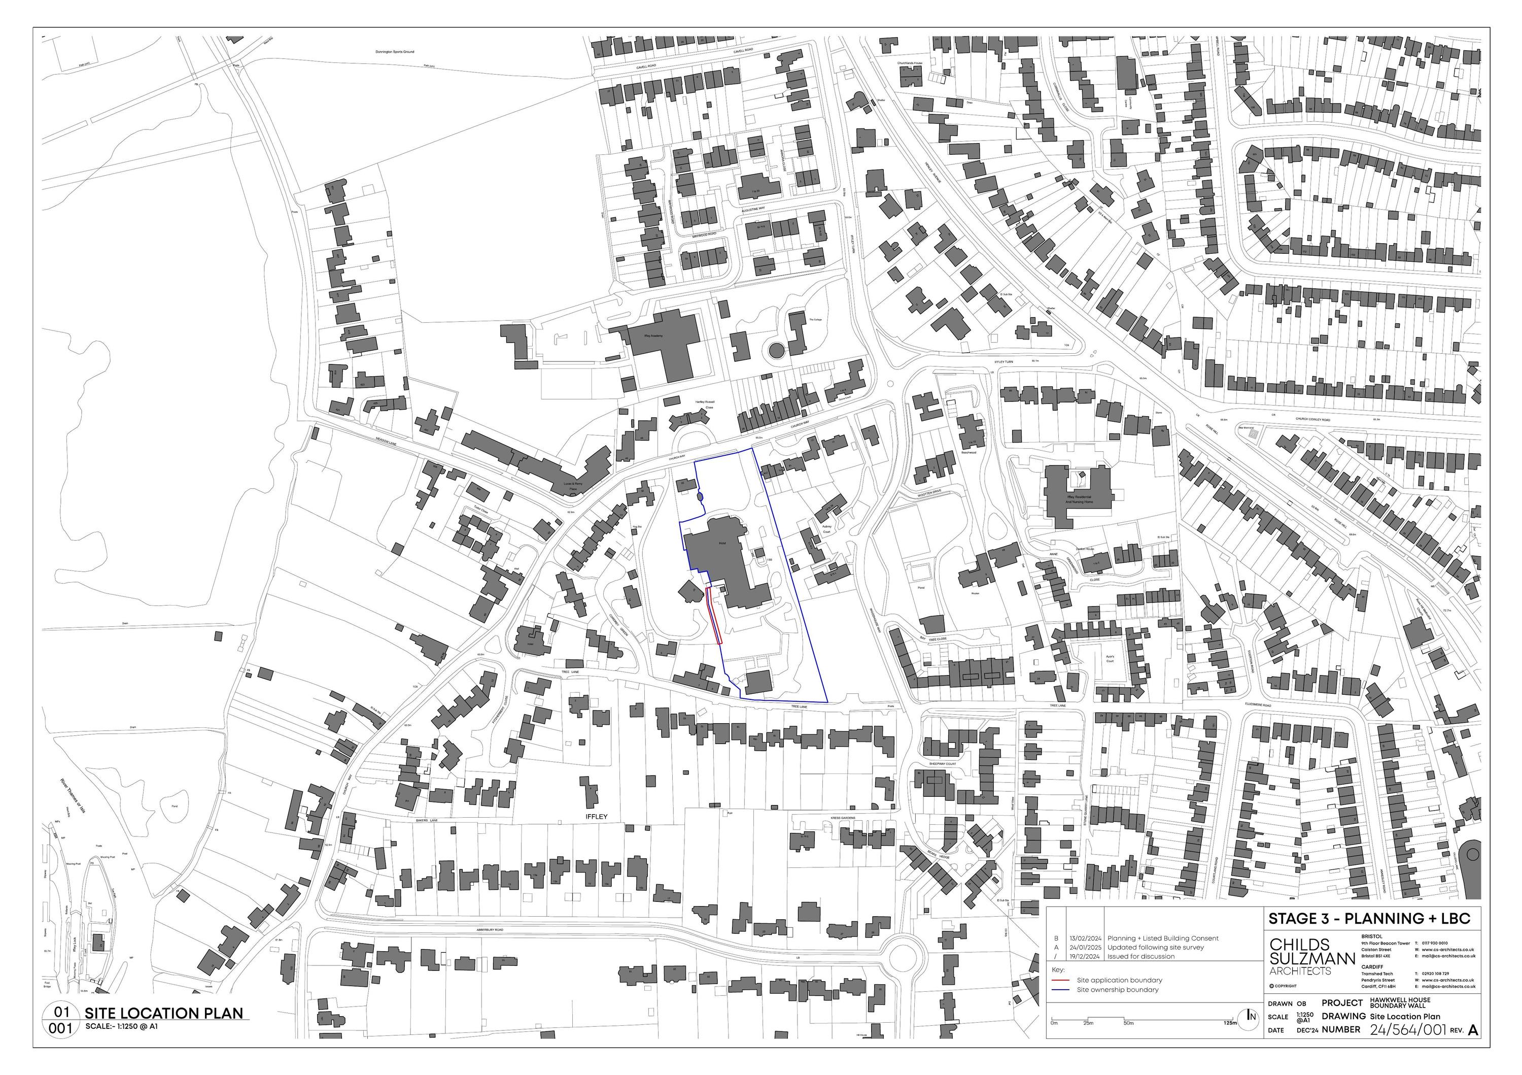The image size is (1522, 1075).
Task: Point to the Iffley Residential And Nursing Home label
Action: (x=1079, y=499)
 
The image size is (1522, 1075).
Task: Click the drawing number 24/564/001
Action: (x=1407, y=1030)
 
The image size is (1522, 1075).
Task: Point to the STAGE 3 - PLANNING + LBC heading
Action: (x=1369, y=919)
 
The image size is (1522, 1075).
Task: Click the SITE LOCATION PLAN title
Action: (x=163, y=1013)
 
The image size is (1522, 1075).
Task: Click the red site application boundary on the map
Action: (x=715, y=617)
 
